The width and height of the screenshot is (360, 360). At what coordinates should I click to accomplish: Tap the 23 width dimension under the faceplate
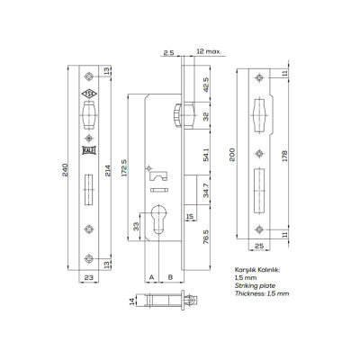coord(89,279)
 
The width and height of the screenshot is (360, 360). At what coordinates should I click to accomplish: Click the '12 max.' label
coord(208,53)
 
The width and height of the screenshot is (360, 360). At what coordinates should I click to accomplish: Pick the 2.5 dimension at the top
coord(168,53)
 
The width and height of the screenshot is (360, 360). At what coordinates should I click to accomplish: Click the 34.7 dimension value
coord(206,192)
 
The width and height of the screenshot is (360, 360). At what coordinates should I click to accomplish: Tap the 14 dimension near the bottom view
coord(132,300)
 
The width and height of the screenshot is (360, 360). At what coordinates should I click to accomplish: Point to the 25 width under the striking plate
coord(260,245)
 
